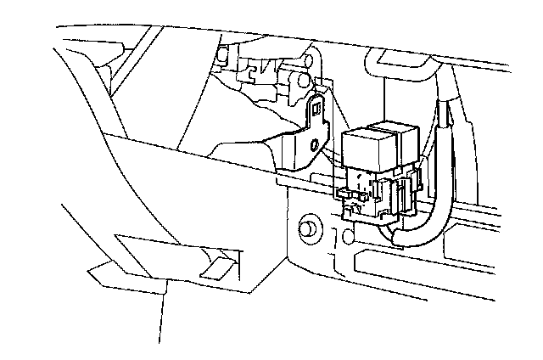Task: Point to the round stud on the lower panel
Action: click(308, 229)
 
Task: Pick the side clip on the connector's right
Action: click(417, 182)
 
